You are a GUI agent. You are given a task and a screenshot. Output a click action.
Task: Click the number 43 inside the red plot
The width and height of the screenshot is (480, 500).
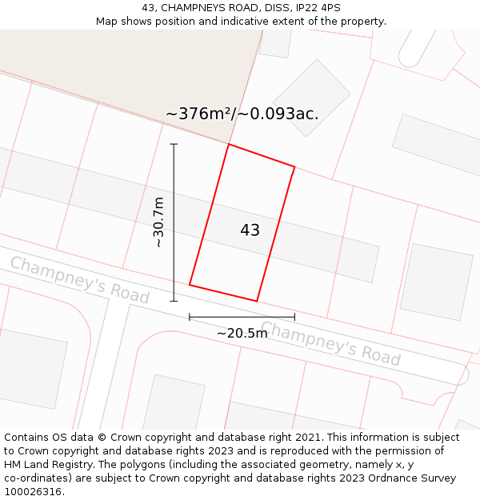pos(250,230)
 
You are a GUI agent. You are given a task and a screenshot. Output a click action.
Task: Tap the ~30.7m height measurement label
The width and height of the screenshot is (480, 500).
pos(158,222)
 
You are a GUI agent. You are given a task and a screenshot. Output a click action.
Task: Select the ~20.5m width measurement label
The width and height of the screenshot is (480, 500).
pos(242,333)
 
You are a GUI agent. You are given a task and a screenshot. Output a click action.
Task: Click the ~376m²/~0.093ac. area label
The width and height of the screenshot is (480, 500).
pos(242,114)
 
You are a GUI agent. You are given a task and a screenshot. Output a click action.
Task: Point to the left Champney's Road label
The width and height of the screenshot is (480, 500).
pos(79,279)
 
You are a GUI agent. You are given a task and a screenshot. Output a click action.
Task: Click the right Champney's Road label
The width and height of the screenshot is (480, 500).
pos(330,342)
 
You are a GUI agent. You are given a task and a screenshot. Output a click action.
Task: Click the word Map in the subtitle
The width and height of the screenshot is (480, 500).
pos(107,22)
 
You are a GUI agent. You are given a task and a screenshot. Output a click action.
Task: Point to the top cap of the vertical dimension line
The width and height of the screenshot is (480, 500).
pos(174,144)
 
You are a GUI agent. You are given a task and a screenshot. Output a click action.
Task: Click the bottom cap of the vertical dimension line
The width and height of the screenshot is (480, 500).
pos(174,301)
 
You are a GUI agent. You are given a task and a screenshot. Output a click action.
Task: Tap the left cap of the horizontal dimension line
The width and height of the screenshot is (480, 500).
pos(190,317)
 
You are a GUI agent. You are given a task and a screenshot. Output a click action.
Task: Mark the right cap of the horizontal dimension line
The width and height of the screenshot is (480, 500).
pos(294,317)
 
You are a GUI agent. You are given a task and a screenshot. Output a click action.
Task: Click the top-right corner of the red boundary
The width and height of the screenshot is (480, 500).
pos(294,166)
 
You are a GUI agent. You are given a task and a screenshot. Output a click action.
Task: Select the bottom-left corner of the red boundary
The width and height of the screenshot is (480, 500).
pos(190,284)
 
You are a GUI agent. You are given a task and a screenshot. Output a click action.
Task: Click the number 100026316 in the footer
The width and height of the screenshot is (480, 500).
pos(32,492)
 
